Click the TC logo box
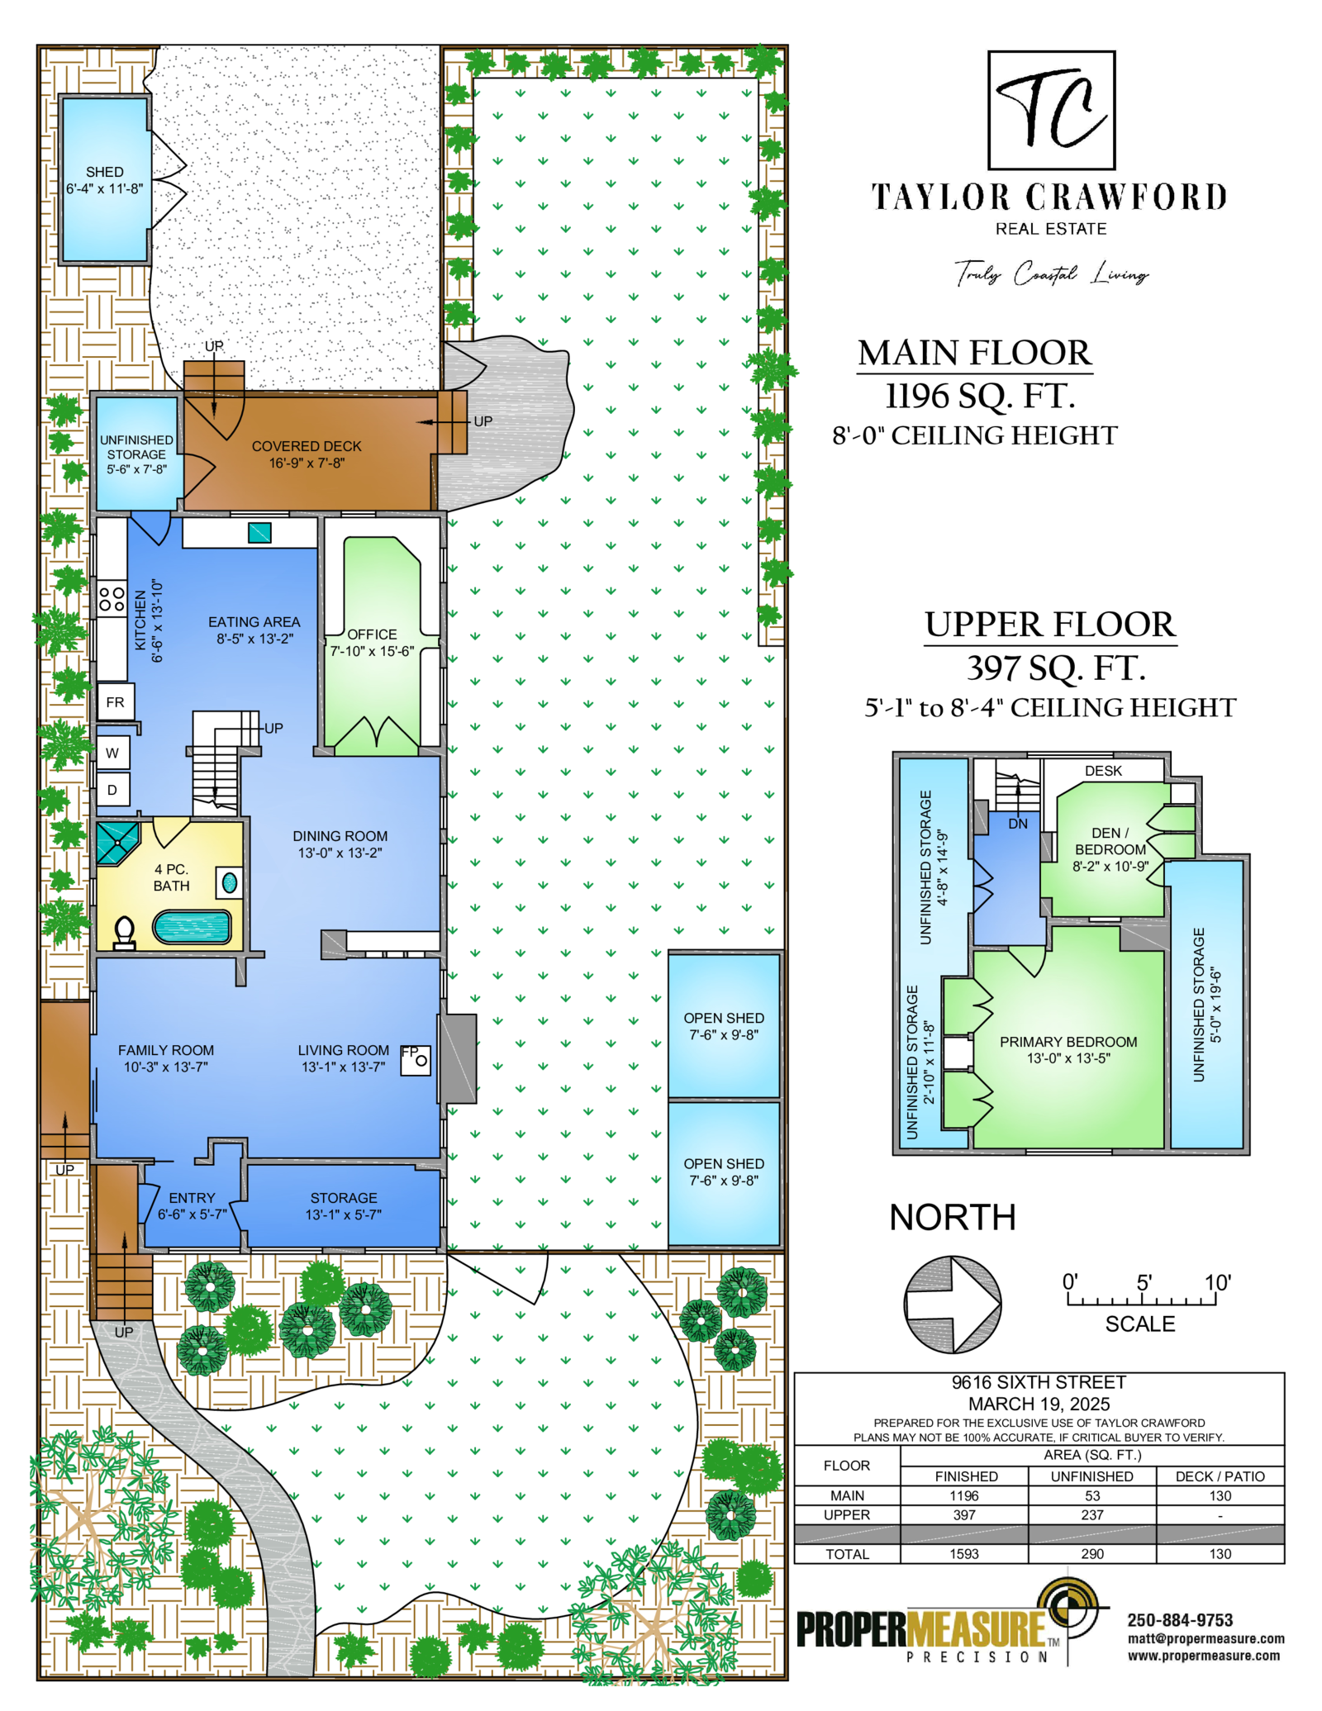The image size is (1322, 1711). [1051, 110]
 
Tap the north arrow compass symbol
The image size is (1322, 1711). [952, 1304]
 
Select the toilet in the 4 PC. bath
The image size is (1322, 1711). [124, 933]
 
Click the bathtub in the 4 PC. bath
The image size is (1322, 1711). [192, 927]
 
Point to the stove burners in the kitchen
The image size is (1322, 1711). [112, 599]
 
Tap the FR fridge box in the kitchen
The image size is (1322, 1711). [115, 702]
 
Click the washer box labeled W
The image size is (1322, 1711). [113, 753]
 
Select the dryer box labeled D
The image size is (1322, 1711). [113, 789]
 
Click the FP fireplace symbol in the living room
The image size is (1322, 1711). [415, 1059]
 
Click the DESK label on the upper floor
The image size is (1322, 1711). [1103, 771]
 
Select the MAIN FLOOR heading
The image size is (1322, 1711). [975, 353]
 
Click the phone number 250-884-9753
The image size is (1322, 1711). [1180, 1621]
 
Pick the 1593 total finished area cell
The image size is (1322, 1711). [964, 1554]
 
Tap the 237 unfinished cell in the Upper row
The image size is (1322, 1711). [1092, 1515]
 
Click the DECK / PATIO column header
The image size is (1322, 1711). [1220, 1476]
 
